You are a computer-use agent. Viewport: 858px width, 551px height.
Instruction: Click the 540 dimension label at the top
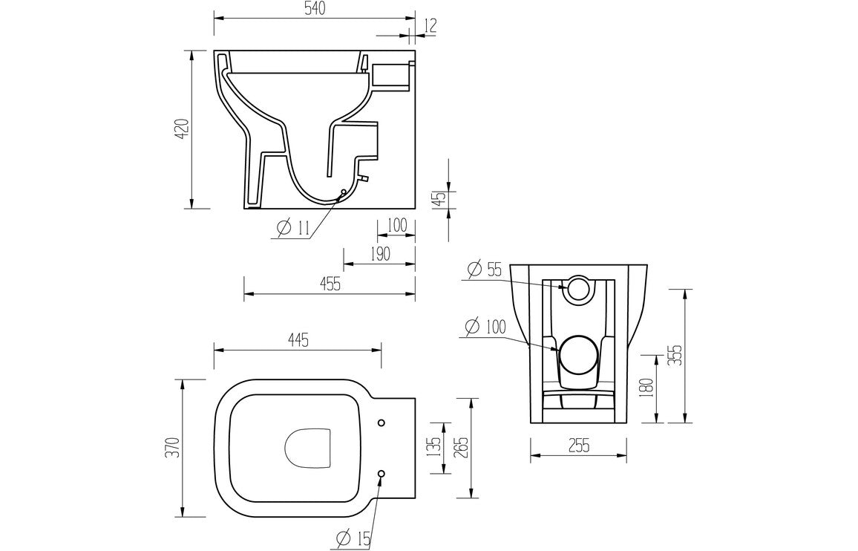click(x=314, y=9)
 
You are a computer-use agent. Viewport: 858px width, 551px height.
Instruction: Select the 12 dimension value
click(x=430, y=25)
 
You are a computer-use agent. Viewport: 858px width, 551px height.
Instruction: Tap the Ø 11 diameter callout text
click(x=292, y=229)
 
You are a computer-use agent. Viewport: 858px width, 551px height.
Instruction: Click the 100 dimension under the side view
click(x=396, y=226)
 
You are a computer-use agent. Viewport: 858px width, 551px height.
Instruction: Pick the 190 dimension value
click(x=379, y=255)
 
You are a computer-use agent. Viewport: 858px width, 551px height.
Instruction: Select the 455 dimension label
click(x=330, y=284)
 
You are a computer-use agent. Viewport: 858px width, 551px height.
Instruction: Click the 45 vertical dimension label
click(x=439, y=199)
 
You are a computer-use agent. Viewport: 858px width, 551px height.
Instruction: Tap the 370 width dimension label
click(x=173, y=447)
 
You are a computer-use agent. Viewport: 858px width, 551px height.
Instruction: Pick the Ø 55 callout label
click(x=484, y=269)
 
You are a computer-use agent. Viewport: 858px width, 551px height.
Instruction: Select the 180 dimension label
click(x=647, y=388)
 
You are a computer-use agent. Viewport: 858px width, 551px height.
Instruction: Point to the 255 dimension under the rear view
click(x=578, y=445)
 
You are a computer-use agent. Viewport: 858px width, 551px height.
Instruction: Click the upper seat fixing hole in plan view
click(x=381, y=423)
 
